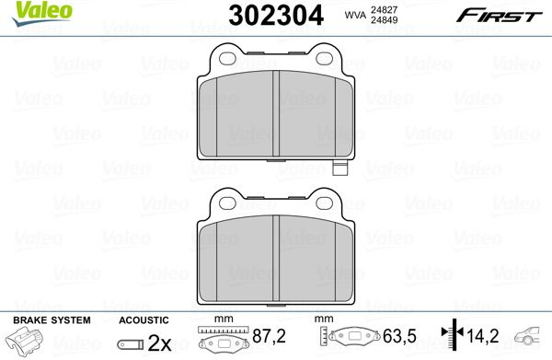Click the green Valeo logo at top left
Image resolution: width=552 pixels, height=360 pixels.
tap(42, 14)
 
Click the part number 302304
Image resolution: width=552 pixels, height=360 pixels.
tap(276, 16)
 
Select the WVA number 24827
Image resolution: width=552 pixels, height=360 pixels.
tap(384, 10)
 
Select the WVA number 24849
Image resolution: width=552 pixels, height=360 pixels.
tap(384, 20)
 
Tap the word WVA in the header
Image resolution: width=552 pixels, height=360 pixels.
tap(355, 16)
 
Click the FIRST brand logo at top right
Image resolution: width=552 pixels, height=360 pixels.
tap(500, 16)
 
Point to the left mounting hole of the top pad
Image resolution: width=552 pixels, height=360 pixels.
tap(227, 59)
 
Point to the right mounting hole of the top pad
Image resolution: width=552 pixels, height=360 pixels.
tap(324, 59)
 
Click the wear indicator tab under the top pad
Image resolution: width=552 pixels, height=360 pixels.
tap(339, 168)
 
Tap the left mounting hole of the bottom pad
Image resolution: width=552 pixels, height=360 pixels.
tap(227, 203)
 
